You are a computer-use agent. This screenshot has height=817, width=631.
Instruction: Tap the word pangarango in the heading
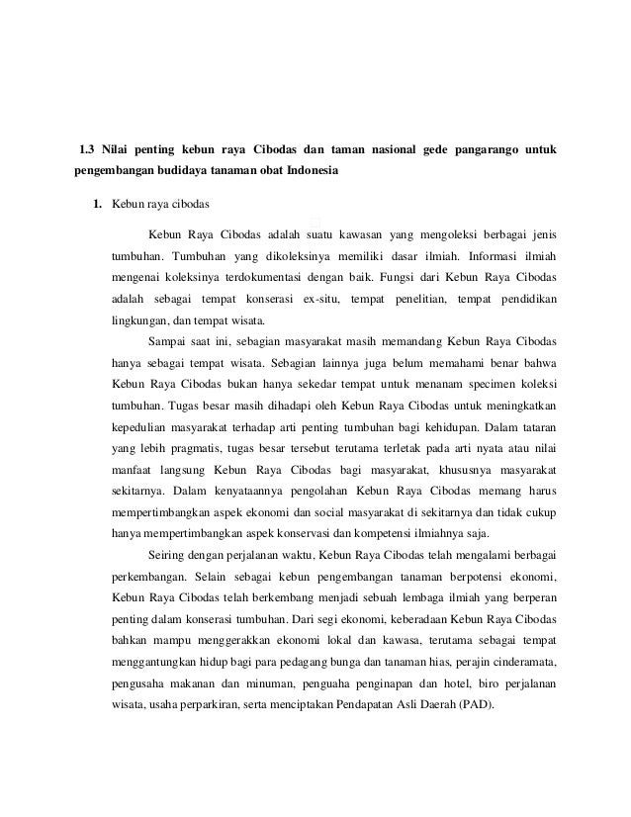tap(492, 150)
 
